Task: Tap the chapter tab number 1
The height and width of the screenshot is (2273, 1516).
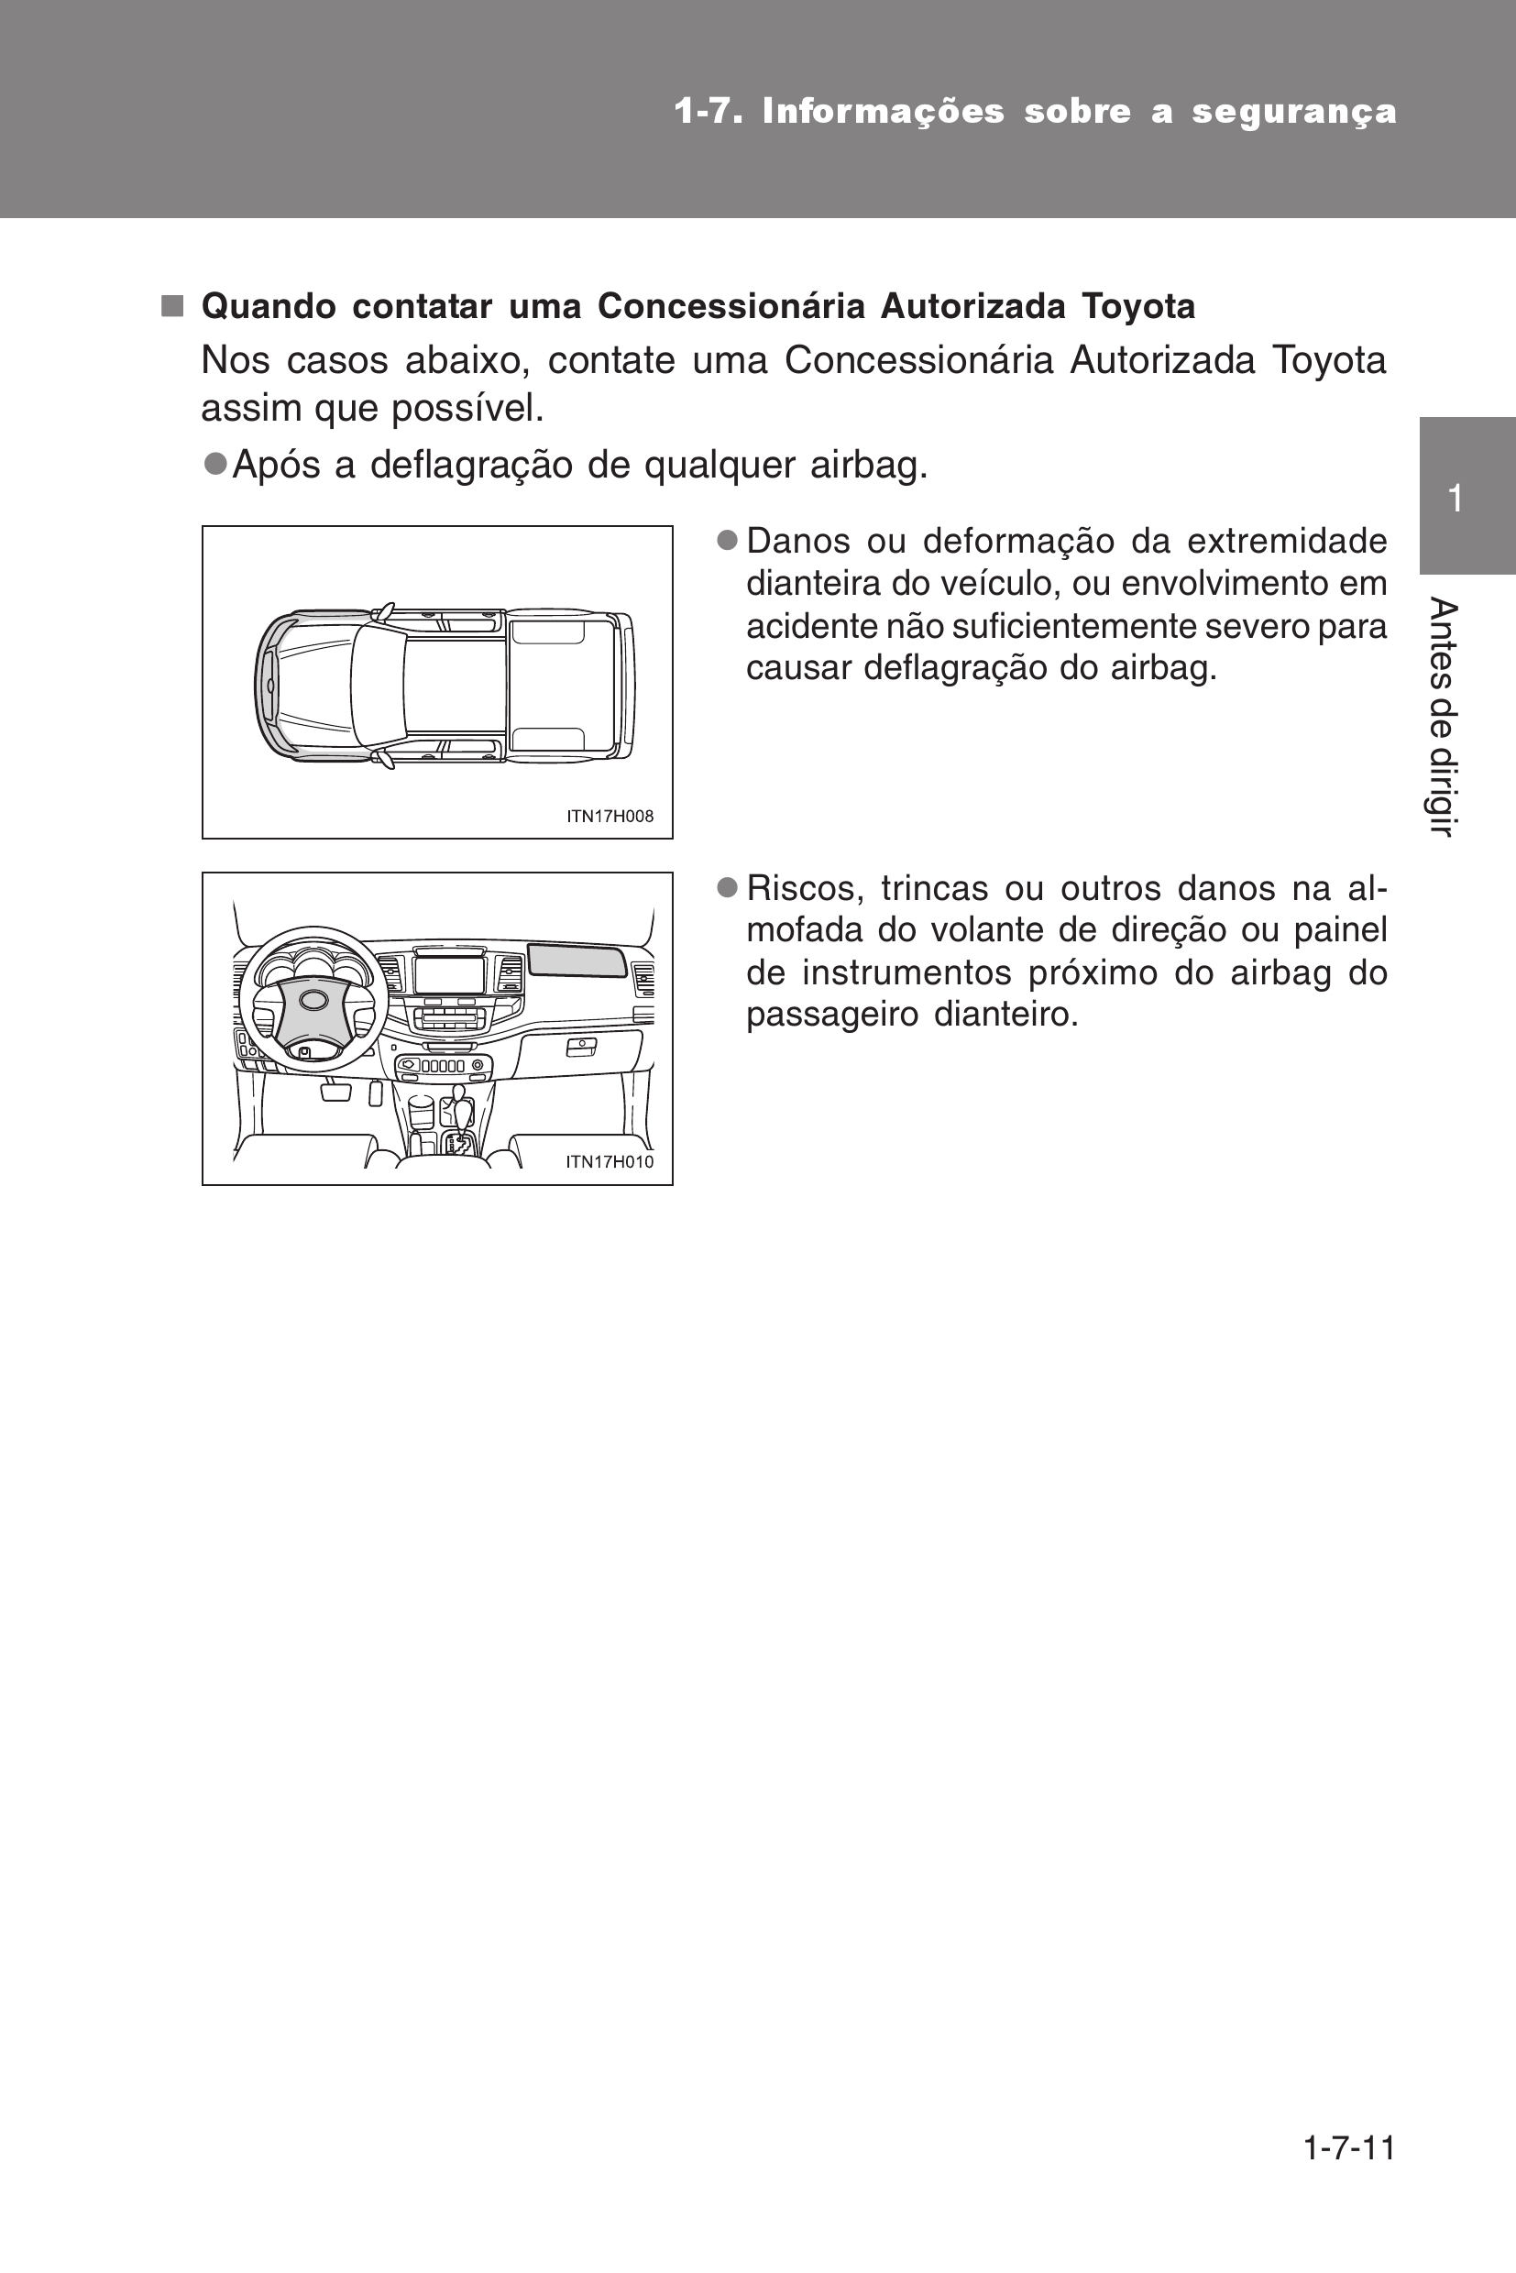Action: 1456,499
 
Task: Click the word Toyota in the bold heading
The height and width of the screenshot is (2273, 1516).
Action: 1138,306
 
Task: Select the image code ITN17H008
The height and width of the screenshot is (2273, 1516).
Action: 610,816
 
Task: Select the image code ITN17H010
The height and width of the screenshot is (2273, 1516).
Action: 610,1162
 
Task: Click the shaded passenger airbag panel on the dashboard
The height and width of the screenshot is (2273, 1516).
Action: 577,960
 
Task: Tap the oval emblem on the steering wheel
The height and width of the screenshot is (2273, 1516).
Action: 314,1000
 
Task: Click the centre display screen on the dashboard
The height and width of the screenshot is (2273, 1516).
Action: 450,973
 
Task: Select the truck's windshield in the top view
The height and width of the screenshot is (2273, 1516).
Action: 377,684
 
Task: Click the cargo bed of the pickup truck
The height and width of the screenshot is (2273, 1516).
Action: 561,685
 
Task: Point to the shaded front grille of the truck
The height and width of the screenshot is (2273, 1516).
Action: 264,685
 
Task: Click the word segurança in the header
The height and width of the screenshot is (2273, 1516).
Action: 1294,112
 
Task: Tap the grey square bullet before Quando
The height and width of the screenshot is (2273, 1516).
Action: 172,306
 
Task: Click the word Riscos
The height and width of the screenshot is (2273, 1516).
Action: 800,888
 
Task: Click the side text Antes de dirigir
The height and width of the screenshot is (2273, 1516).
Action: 1443,718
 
